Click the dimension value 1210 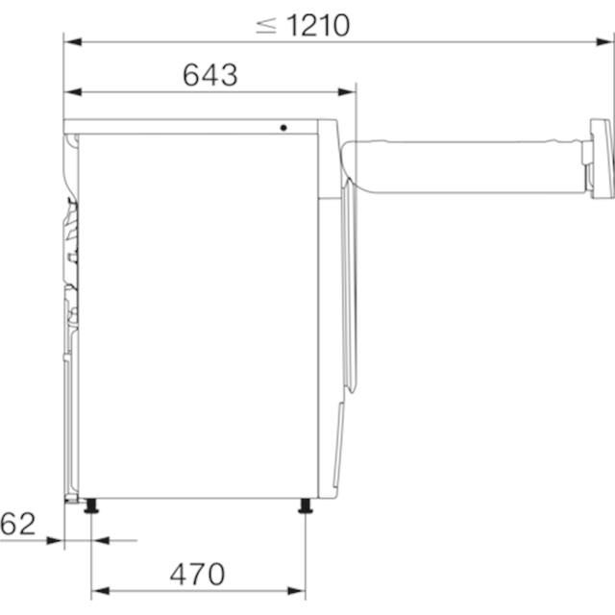tap(318, 26)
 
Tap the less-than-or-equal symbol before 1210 tap(266, 26)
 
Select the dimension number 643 tap(210, 75)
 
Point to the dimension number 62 tap(18, 524)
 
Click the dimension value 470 tap(197, 575)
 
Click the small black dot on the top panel tap(283, 128)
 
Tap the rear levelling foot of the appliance tap(91, 505)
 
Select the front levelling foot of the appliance tap(306, 505)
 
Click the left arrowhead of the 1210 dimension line tap(73, 41)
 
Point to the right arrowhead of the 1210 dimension tap(603, 41)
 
